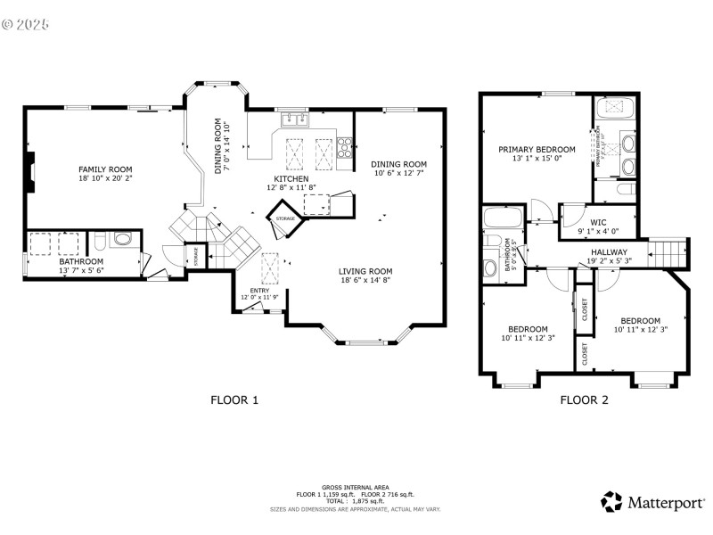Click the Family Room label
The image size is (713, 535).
click(x=105, y=169)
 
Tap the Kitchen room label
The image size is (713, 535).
click(x=291, y=179)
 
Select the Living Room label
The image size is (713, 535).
click(x=366, y=271)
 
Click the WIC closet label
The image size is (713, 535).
click(x=598, y=223)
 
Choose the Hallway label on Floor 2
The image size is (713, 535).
click(x=609, y=252)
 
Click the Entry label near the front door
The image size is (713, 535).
click(x=259, y=290)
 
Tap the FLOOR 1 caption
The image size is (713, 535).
click(x=234, y=400)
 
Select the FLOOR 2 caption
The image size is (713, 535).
click(x=584, y=400)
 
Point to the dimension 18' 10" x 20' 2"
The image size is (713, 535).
click(x=105, y=178)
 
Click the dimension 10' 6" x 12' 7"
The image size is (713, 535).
click(x=398, y=173)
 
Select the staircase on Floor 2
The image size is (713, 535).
click(x=669, y=251)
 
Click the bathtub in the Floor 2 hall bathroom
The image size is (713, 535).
click(x=496, y=218)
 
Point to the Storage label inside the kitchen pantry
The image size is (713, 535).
click(x=285, y=218)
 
